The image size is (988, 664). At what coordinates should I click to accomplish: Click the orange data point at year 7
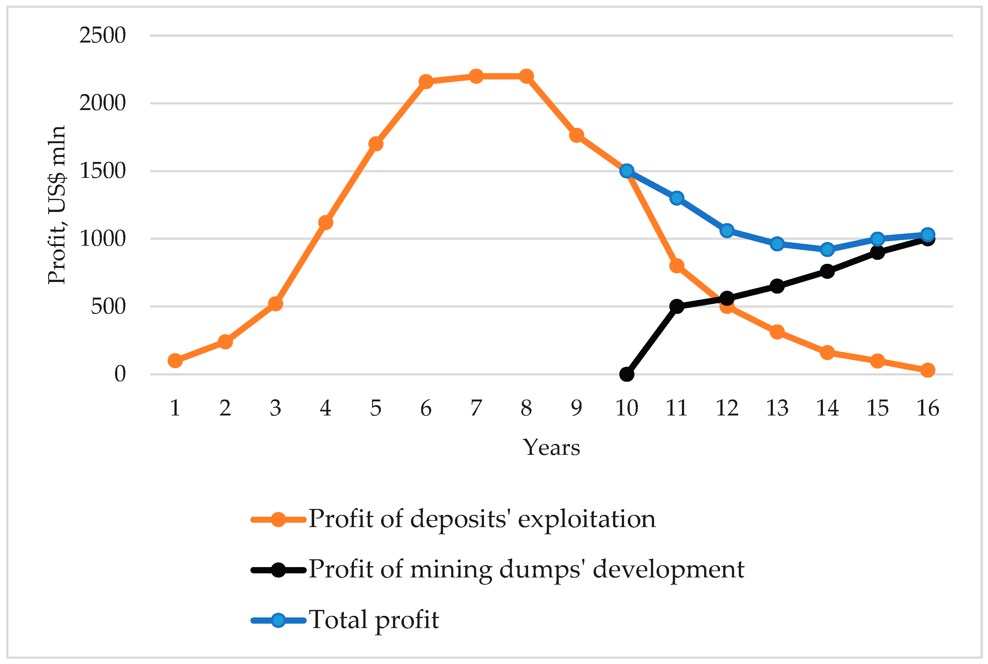tap(476, 76)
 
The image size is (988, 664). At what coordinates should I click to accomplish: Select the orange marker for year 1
tap(175, 361)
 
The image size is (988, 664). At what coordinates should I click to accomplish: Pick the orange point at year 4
tap(325, 222)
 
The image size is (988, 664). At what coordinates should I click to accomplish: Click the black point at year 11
tap(677, 306)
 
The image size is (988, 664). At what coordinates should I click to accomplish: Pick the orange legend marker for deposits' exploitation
tap(278, 520)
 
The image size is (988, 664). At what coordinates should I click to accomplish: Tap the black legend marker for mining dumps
tap(278, 570)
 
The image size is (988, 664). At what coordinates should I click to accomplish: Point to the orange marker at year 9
tap(576, 135)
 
